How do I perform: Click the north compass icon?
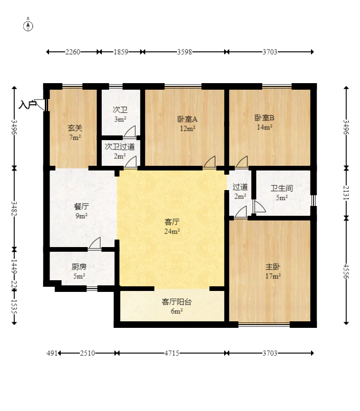(28, 25)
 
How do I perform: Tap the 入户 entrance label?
(27, 105)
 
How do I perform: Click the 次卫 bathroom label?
(120, 110)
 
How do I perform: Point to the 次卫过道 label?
(120, 147)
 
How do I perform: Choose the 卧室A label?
(187, 119)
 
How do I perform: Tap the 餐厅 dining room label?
(81, 206)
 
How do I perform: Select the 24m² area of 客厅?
(172, 231)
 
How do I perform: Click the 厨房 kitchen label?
(79, 267)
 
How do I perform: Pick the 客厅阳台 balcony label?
(176, 302)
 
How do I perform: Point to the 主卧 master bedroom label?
(273, 267)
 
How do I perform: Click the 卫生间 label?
(282, 188)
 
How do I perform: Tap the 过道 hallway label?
(240, 187)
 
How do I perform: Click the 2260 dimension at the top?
(72, 52)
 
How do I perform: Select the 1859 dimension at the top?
(121, 52)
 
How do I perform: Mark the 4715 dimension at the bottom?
(171, 353)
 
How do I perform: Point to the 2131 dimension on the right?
(346, 192)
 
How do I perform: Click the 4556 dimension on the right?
(346, 271)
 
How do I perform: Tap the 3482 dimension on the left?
(14, 208)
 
